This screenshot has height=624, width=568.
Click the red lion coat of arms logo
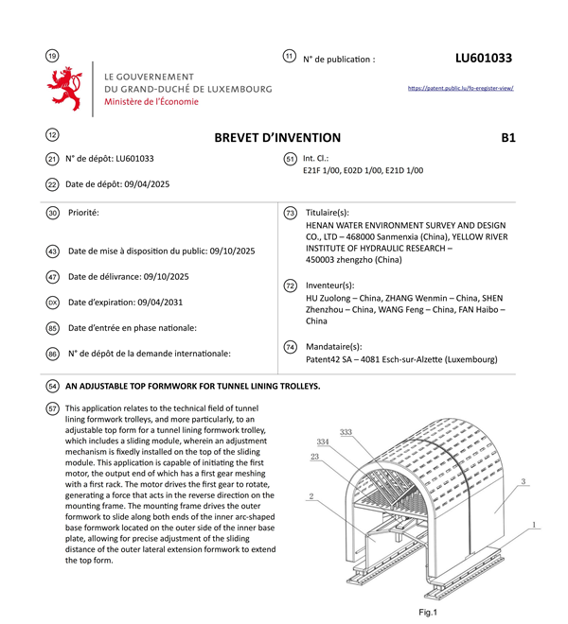[x=64, y=89]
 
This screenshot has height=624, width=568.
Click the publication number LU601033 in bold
[x=483, y=58]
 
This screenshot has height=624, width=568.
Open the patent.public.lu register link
[x=460, y=88]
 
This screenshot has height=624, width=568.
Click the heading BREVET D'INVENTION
[x=277, y=137]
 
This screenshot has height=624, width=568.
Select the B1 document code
[x=508, y=137]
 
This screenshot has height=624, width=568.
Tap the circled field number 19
[x=52, y=58]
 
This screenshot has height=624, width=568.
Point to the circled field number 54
[x=52, y=386]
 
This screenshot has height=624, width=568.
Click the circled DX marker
[x=52, y=303]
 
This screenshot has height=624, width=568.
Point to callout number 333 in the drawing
[x=346, y=432]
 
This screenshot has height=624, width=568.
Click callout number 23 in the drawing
[x=314, y=456]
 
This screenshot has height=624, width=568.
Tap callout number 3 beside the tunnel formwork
[x=523, y=481]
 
